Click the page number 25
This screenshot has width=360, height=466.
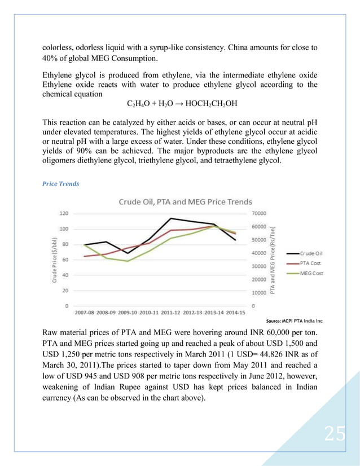pos(335,434)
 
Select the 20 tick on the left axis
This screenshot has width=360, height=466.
pos(65,291)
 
